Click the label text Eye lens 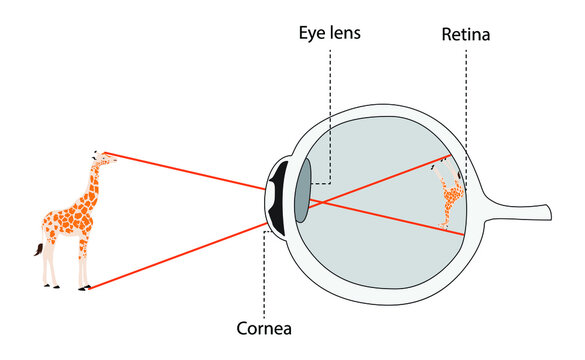[329, 33]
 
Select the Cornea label [264, 326]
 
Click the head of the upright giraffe [98, 158]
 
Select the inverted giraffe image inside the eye [450, 195]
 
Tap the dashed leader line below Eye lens [330, 120]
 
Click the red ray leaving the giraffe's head [180, 170]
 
